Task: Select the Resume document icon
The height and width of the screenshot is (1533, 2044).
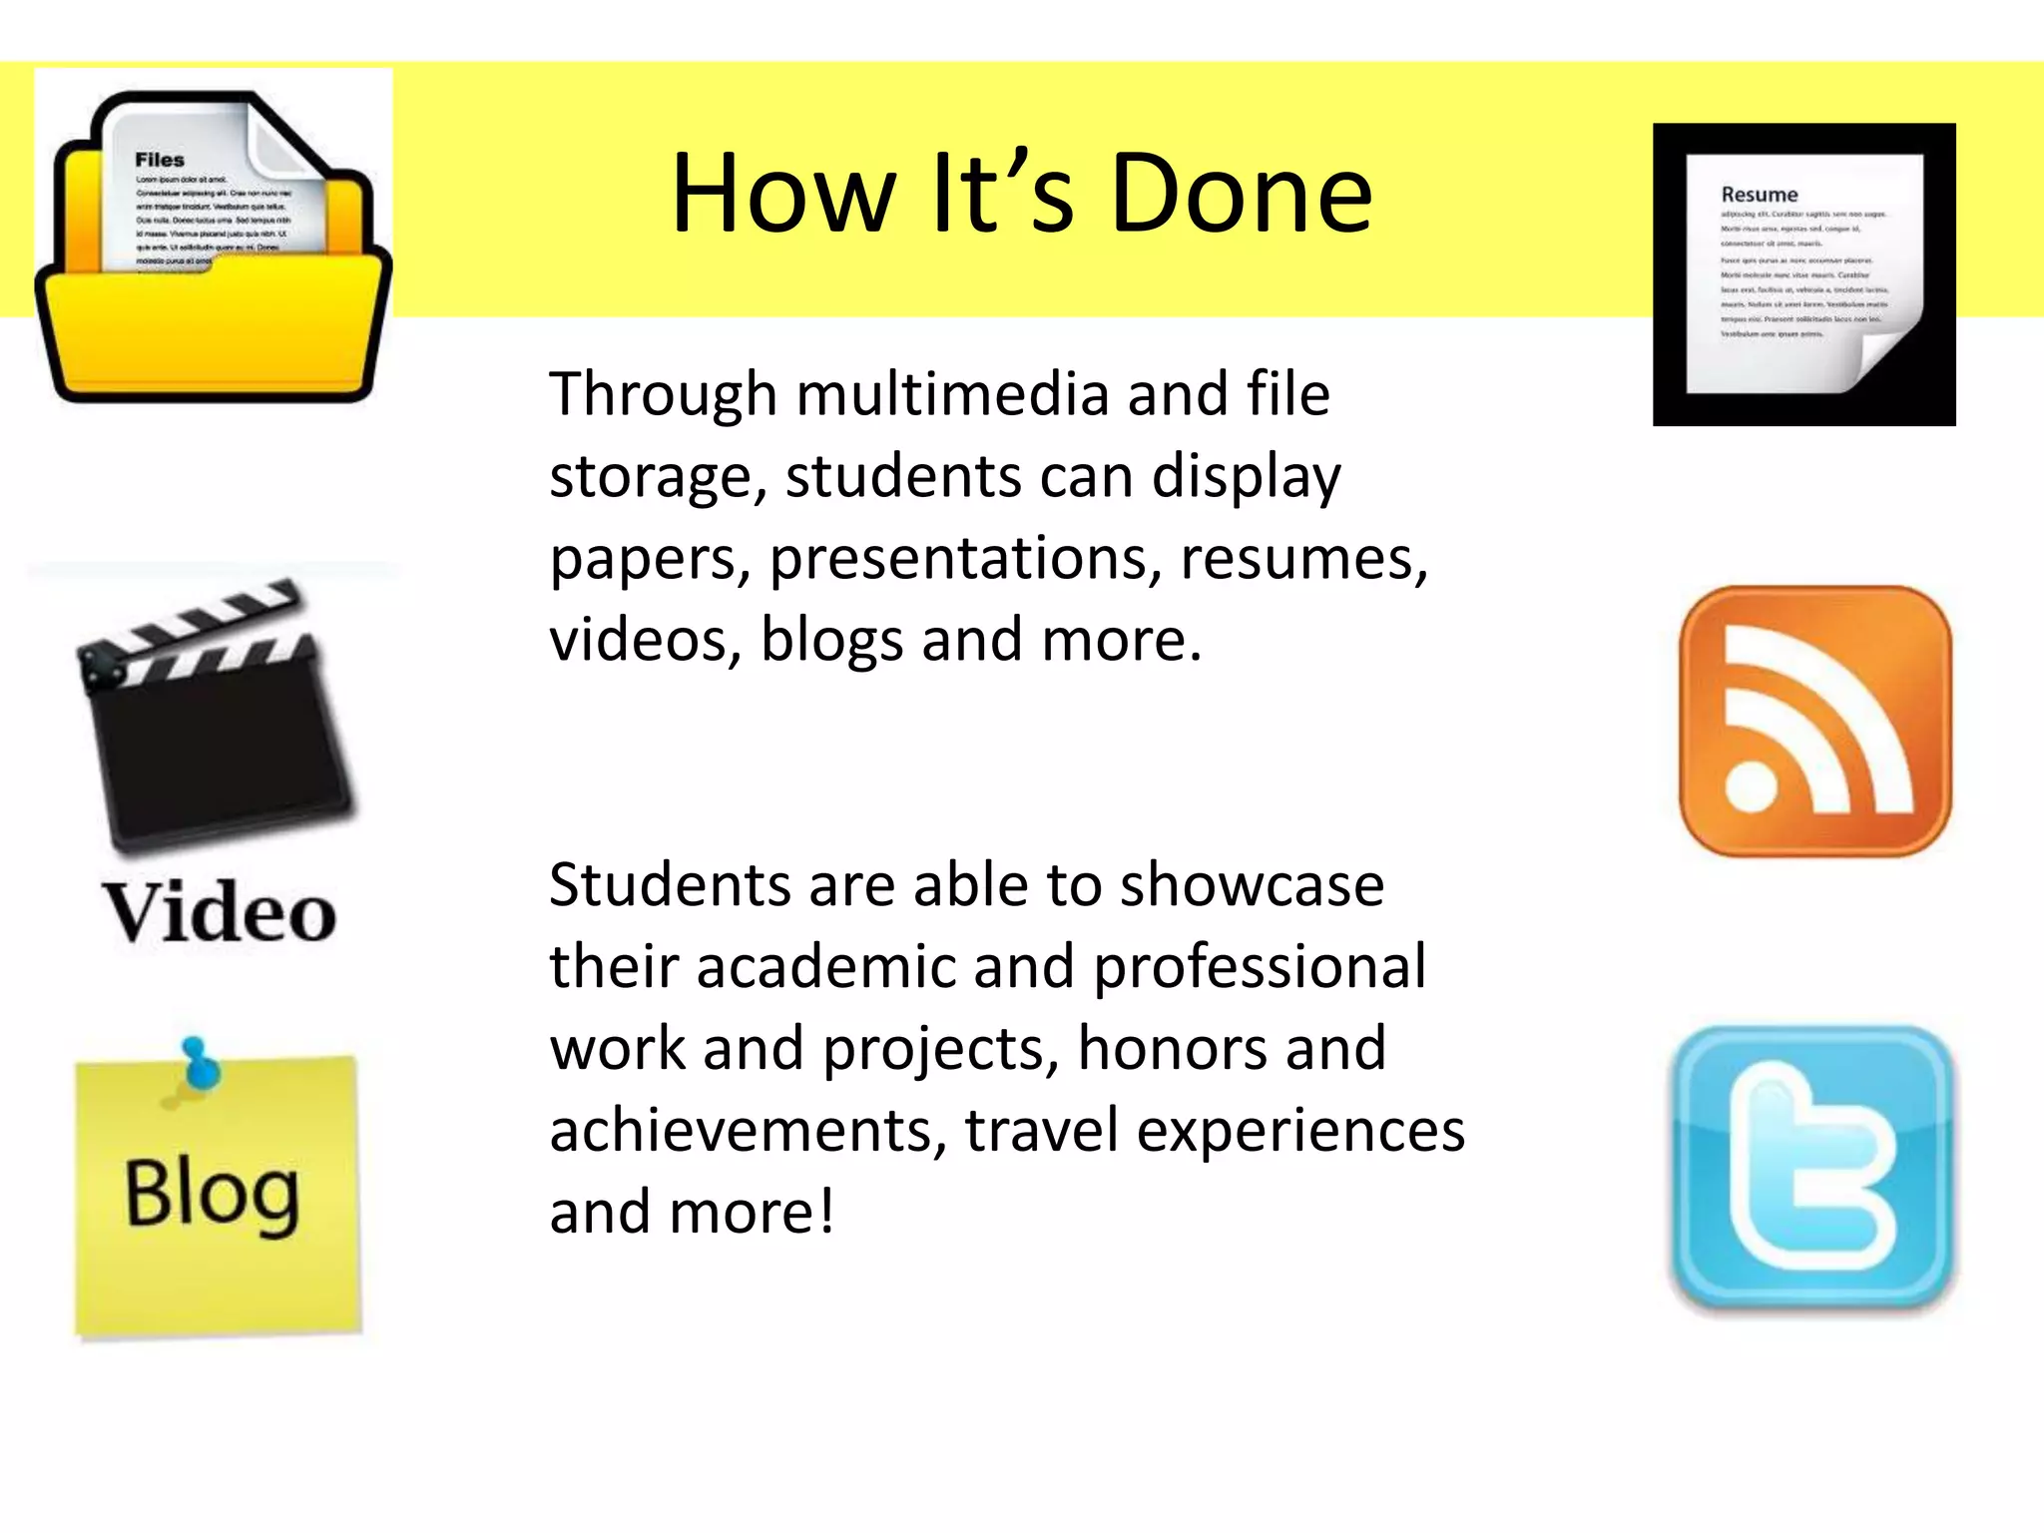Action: click(1803, 274)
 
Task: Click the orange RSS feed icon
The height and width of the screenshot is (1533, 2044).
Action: click(1814, 721)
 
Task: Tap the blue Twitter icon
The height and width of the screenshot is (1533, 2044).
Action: click(1811, 1168)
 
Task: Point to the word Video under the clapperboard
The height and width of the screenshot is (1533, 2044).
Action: click(220, 912)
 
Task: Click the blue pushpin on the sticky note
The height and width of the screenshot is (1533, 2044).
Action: click(200, 1066)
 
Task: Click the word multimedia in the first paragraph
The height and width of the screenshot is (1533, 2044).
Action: click(952, 393)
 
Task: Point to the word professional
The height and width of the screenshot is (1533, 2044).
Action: click(1260, 967)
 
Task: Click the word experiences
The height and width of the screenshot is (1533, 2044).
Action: click(1300, 1131)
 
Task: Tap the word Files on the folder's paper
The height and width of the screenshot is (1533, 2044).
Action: click(160, 160)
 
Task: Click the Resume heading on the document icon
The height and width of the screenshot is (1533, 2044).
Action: click(1760, 195)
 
